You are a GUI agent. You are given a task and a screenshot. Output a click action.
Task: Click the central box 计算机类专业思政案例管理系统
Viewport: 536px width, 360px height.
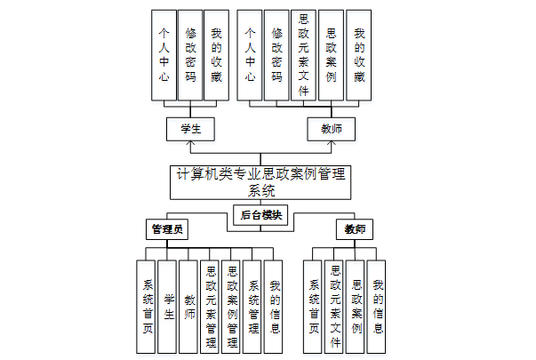(x=259, y=181)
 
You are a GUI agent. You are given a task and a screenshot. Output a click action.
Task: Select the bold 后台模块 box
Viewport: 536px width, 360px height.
(x=260, y=215)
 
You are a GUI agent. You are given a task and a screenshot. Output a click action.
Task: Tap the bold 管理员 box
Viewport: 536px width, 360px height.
(x=168, y=229)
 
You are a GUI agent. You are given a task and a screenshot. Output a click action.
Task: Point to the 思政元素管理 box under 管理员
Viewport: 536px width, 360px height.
(x=211, y=307)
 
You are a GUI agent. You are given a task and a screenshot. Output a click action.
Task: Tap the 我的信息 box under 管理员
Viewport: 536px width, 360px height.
(x=276, y=307)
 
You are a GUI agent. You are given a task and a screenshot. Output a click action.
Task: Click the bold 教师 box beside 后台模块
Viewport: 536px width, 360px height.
(x=355, y=229)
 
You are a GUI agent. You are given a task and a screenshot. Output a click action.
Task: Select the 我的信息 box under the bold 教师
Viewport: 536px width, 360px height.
(x=378, y=307)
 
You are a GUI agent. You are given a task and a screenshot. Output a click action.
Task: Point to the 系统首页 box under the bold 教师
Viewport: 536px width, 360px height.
(x=314, y=307)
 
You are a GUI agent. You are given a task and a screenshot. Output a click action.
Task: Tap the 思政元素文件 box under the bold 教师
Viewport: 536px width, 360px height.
(x=335, y=307)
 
